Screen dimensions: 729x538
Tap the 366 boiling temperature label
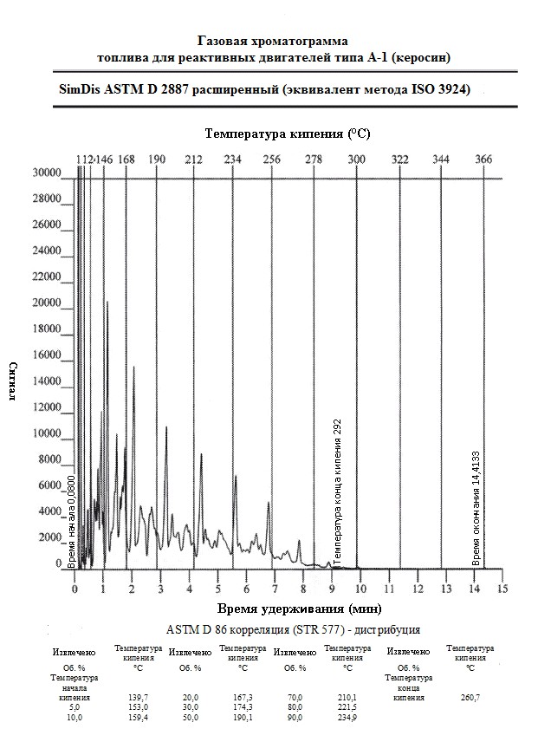click(483, 159)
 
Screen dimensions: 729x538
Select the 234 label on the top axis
click(232, 159)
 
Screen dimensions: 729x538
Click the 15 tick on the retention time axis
click(502, 589)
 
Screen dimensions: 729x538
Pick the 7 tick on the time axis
click(274, 589)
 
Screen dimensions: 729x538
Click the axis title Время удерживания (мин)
click(299, 609)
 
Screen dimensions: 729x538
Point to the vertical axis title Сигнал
click(14, 382)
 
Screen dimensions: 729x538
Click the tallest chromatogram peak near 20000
click(107, 303)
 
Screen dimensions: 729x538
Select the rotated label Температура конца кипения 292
click(338, 490)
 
